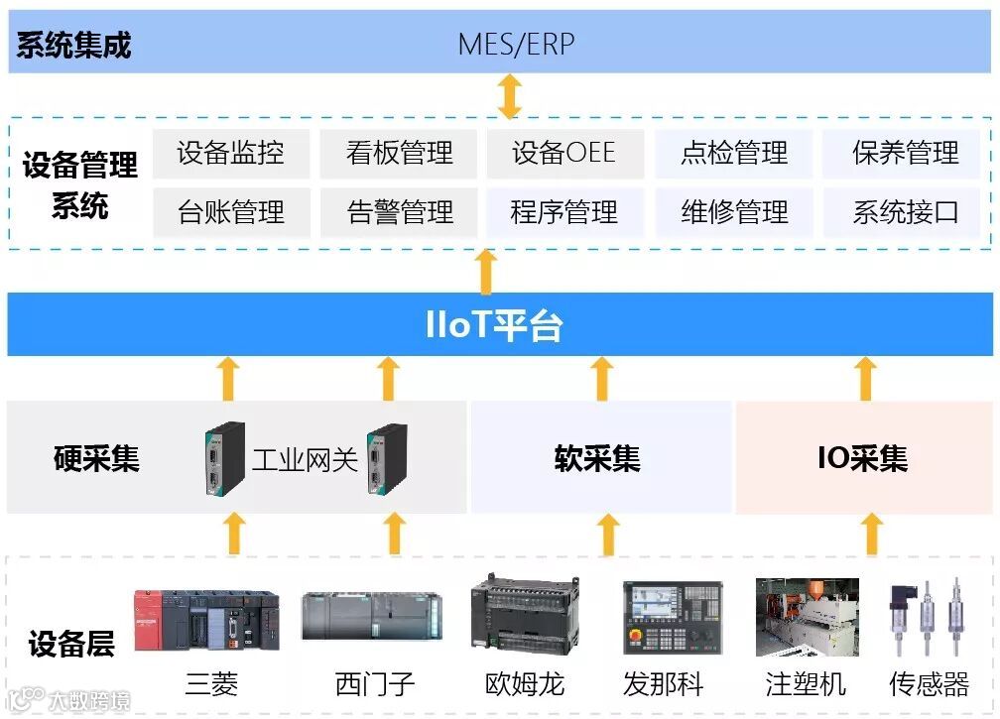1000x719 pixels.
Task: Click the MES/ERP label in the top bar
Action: pyautogui.click(x=516, y=45)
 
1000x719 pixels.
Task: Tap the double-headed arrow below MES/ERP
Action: pyautogui.click(x=509, y=96)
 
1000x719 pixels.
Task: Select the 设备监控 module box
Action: pyautogui.click(x=231, y=154)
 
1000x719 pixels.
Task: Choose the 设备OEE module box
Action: pyautogui.click(x=564, y=154)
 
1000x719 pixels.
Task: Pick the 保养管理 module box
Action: pyautogui.click(x=905, y=154)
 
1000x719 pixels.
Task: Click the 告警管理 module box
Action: pyautogui.click(x=400, y=212)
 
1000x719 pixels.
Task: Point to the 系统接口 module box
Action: pyautogui.click(x=905, y=212)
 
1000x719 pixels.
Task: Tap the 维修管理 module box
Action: pyautogui.click(x=734, y=212)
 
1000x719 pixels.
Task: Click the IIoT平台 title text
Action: pyautogui.click(x=493, y=325)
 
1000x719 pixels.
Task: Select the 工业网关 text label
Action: pyautogui.click(x=305, y=459)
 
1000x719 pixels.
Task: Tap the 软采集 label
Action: pyautogui.click(x=597, y=459)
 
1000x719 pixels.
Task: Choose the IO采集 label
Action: pyautogui.click(x=862, y=459)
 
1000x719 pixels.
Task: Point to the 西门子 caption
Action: pyautogui.click(x=375, y=684)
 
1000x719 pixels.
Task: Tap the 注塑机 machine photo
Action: pyautogui.click(x=807, y=618)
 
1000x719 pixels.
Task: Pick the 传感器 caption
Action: pyautogui.click(x=929, y=684)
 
